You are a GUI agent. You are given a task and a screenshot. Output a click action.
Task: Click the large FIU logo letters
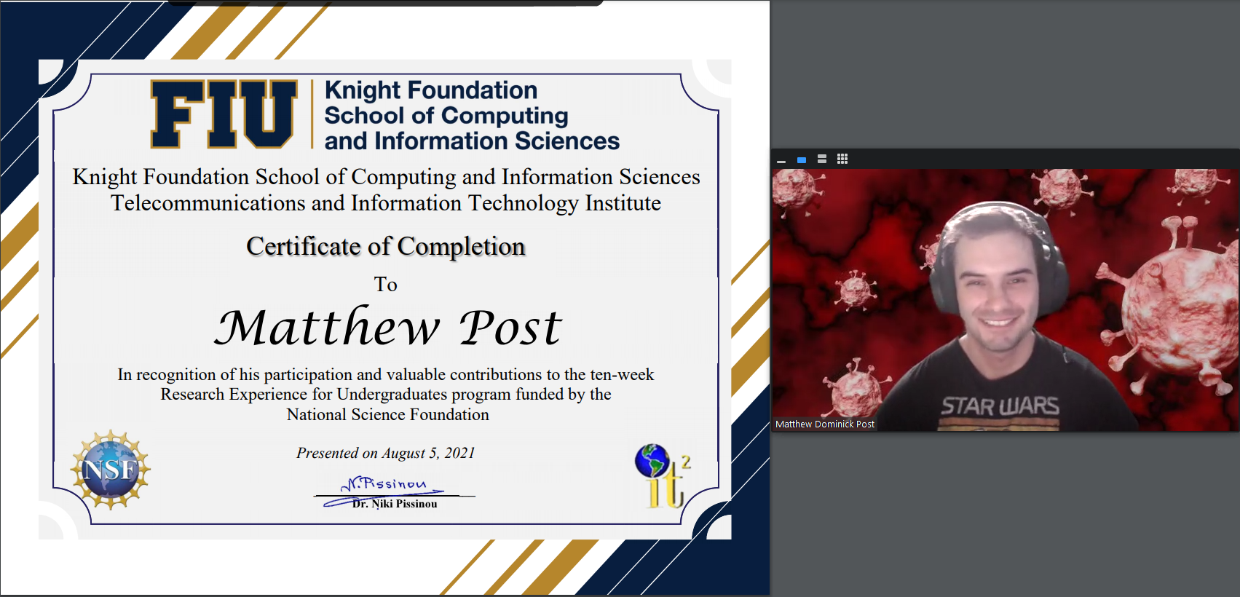click(x=224, y=114)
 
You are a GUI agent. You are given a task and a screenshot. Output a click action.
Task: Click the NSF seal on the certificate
click(x=111, y=470)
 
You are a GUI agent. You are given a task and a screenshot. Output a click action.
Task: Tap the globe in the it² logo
click(x=652, y=460)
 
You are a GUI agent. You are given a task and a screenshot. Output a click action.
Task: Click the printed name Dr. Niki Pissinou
click(x=395, y=504)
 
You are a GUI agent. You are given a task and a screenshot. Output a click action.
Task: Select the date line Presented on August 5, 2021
click(x=386, y=453)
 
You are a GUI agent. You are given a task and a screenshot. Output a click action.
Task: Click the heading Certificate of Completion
click(x=386, y=246)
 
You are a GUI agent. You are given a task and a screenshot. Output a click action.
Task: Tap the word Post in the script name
click(x=511, y=328)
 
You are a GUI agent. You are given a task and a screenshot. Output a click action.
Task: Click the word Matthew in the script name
click(x=327, y=328)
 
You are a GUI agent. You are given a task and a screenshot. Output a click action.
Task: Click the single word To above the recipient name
click(x=386, y=285)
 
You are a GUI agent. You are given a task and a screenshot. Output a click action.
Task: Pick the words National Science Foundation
click(x=388, y=414)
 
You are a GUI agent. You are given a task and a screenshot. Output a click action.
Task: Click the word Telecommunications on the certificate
click(x=208, y=203)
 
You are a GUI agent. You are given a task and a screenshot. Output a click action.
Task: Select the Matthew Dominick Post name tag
click(x=825, y=424)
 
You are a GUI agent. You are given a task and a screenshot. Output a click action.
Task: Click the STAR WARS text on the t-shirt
click(x=1000, y=406)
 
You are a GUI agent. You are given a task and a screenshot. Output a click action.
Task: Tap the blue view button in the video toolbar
click(x=802, y=160)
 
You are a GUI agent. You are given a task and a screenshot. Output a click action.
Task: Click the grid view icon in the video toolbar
click(x=842, y=159)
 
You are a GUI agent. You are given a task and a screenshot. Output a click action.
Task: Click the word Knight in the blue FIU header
click(x=362, y=91)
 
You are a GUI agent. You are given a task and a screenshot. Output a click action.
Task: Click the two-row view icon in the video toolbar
click(x=822, y=159)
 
